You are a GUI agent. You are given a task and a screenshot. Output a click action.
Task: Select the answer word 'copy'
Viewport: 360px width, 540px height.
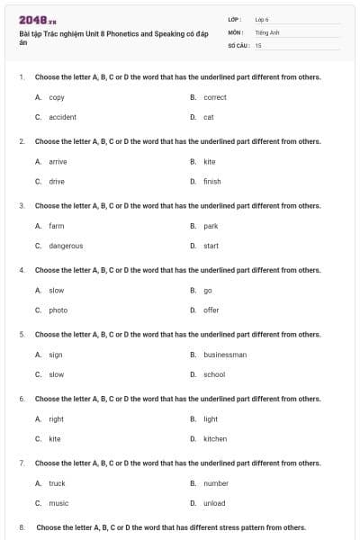point(57,97)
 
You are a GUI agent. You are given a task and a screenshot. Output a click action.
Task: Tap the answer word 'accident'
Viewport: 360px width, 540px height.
point(62,117)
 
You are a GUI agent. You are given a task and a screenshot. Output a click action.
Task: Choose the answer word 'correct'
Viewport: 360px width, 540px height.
point(215,97)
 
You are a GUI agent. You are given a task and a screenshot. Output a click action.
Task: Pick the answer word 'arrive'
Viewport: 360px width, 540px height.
point(58,161)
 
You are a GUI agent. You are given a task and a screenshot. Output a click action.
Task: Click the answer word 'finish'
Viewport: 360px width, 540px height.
point(212,181)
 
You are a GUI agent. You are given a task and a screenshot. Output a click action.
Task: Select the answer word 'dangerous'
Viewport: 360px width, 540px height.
point(66,246)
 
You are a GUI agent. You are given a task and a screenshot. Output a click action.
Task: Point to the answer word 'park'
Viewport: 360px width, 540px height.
point(211,226)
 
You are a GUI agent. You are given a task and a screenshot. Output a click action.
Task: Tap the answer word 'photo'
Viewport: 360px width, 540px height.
point(58,310)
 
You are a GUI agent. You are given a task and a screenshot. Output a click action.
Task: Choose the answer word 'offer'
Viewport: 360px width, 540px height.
point(211,310)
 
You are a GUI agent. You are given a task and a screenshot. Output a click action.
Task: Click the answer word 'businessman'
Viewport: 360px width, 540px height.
point(225,355)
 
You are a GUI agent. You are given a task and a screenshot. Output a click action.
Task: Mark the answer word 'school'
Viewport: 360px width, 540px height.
point(214,374)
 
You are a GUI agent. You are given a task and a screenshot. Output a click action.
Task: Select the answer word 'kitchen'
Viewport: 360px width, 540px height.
point(215,439)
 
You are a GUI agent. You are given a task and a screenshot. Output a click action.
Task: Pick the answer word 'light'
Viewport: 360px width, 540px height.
point(211,418)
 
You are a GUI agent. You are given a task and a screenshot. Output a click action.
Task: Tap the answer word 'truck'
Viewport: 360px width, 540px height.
point(57,483)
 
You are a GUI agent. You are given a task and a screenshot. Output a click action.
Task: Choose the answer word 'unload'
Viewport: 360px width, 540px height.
point(214,503)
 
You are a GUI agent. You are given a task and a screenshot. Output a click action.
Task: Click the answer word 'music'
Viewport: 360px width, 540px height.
point(58,503)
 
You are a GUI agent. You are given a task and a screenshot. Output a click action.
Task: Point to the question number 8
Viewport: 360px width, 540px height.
point(22,527)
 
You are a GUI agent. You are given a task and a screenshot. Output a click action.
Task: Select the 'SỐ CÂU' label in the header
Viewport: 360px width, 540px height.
point(238,44)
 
